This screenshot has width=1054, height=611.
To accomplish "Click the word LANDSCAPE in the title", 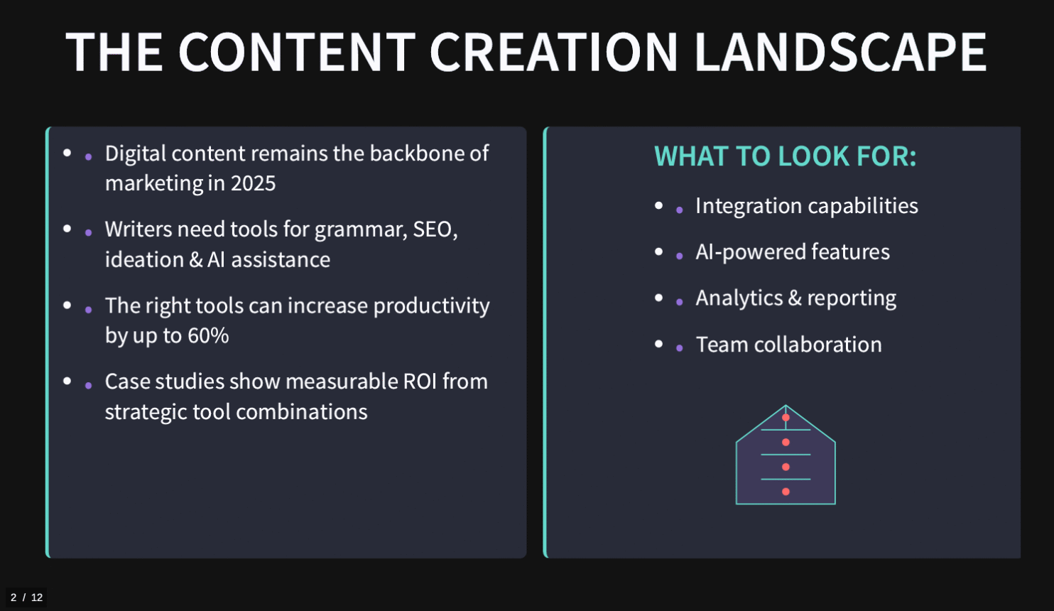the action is point(840,51).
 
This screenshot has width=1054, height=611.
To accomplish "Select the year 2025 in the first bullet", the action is point(253,183).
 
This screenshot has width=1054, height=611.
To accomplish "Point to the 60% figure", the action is point(208,335).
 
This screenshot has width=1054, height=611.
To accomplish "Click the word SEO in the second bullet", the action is point(435,229).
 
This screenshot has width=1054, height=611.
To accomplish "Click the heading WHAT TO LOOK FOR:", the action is point(786,156).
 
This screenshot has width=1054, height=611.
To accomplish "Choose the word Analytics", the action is point(739,298).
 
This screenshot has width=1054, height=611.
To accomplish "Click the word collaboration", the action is point(817,345).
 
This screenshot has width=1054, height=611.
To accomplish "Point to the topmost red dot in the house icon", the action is point(786,418).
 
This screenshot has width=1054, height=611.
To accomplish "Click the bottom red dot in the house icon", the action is point(786,492).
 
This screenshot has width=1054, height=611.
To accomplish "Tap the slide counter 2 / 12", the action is point(26,598).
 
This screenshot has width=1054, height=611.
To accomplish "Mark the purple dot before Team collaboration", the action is point(680,349).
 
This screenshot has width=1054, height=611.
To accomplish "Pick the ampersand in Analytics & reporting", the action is point(795,298).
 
